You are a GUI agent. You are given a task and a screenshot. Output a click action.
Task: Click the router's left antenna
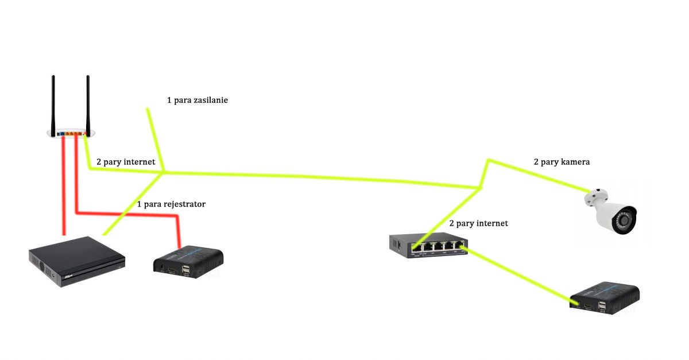pos(53,106)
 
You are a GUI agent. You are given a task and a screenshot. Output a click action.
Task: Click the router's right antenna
pos(88,106)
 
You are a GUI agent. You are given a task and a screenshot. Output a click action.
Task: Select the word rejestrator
pos(184,204)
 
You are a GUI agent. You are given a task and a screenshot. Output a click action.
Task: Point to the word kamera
pos(575,162)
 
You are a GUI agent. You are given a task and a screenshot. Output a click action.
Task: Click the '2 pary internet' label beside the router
pos(126,162)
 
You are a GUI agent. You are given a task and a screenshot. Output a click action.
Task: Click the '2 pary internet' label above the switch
pos(479,223)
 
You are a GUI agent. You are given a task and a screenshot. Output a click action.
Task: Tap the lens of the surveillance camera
pos(625,220)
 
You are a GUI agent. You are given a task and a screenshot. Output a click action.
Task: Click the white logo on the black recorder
pos(68,277)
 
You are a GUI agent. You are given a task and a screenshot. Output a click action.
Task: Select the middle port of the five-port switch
pos(439,246)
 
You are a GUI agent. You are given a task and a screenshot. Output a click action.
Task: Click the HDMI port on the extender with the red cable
pos(172,271)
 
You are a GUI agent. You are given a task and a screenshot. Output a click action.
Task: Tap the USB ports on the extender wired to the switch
pos(602,307)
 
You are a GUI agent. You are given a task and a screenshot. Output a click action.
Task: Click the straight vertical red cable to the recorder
pos(64,186)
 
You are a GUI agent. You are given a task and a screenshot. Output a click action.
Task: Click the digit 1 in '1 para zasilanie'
pos(169,100)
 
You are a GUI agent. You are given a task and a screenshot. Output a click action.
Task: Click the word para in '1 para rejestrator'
pos(152,205)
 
